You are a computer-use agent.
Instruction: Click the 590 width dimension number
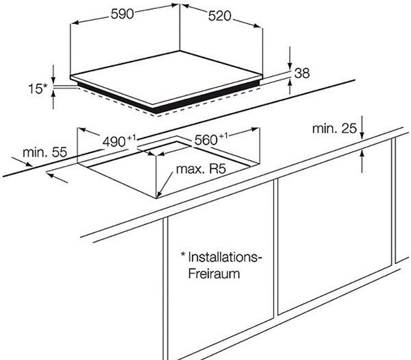click(x=122, y=14)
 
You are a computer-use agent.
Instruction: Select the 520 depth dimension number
click(x=220, y=16)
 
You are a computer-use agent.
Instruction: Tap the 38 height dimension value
click(x=302, y=73)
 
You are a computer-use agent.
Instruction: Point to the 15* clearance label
click(x=38, y=88)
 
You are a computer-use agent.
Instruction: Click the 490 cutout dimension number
click(x=114, y=142)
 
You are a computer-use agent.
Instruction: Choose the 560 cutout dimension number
click(x=206, y=140)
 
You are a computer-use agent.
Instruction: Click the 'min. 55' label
click(x=45, y=152)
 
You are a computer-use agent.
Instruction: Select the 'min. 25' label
click(x=334, y=129)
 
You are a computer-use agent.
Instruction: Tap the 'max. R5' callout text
click(x=201, y=169)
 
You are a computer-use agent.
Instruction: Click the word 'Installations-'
click(x=225, y=257)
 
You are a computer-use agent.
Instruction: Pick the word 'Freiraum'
click(x=214, y=274)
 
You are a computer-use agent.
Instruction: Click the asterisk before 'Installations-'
click(x=183, y=255)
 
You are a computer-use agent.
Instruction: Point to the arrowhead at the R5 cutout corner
click(x=158, y=195)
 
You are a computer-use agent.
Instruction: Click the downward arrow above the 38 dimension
click(x=290, y=59)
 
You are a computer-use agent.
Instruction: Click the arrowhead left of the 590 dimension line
click(x=75, y=23)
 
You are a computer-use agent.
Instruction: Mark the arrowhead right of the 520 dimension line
click(x=258, y=25)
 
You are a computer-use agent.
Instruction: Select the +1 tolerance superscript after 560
click(x=223, y=136)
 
